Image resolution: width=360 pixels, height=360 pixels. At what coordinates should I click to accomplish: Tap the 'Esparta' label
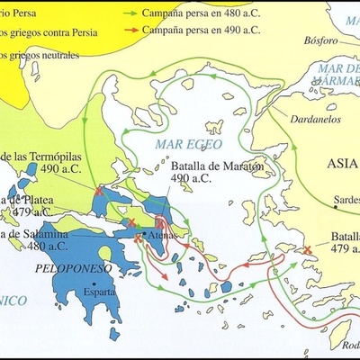tap(98, 292)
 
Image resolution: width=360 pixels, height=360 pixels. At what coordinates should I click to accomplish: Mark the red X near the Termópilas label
tap(97, 191)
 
